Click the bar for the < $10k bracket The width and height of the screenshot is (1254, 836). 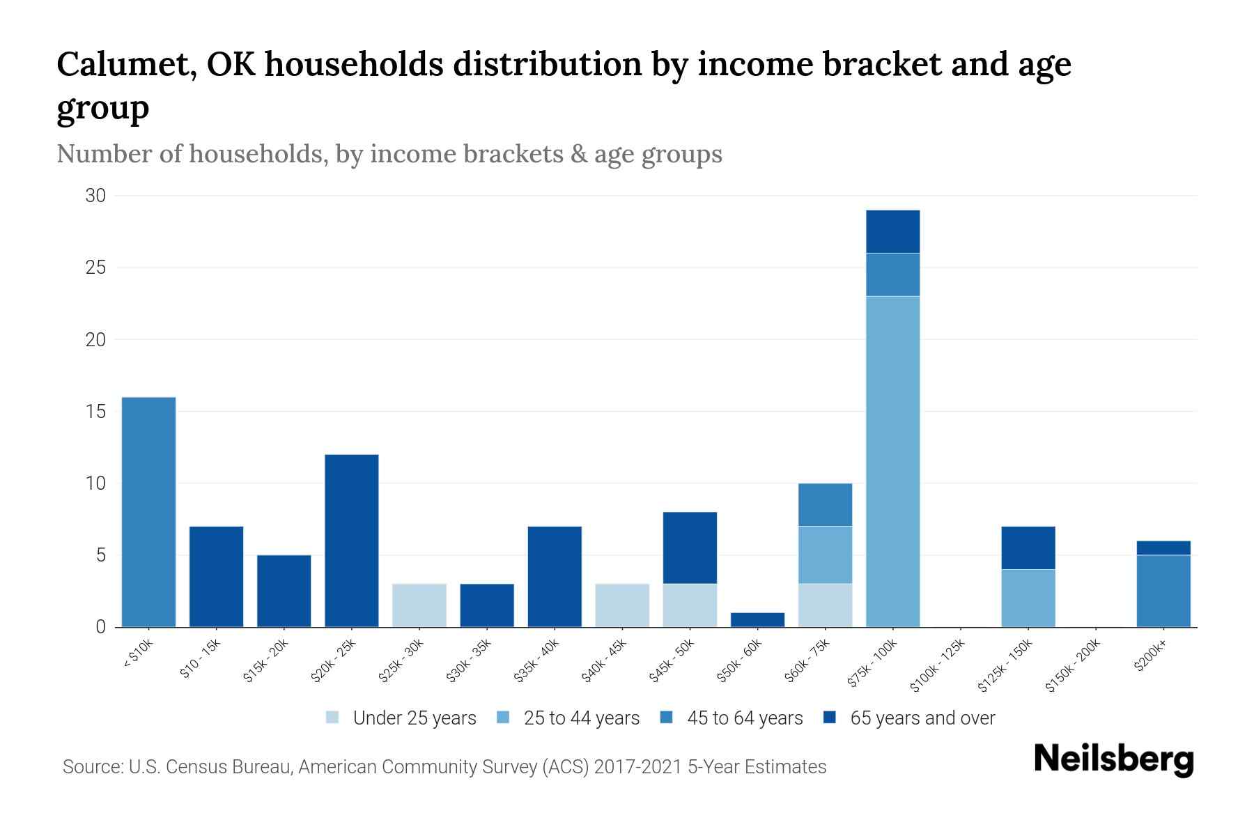coord(148,512)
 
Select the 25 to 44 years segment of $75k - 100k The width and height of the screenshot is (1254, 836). coord(892,461)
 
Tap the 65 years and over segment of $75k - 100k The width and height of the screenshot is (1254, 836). coord(892,231)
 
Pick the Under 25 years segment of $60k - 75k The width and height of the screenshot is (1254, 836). coord(825,605)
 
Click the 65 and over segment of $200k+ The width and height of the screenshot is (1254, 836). coord(1163,548)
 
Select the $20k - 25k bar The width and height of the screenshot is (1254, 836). coord(352,541)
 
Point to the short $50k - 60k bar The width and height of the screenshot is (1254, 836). coord(757,619)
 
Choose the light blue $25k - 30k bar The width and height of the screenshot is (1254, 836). coord(419,605)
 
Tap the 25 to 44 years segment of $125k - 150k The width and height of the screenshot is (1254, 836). coord(1028,598)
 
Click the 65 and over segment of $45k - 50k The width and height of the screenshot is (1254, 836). coord(690,548)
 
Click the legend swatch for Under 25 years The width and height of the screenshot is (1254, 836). coord(332,718)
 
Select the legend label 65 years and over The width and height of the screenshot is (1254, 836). coord(922,718)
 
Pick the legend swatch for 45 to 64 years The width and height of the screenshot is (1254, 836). coord(666,718)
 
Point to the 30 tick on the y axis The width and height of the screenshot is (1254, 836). coord(95,196)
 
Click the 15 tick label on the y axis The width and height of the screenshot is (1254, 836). coord(96,412)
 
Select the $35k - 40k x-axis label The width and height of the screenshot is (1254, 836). coord(537,662)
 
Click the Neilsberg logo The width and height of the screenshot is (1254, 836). coord(1113,760)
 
